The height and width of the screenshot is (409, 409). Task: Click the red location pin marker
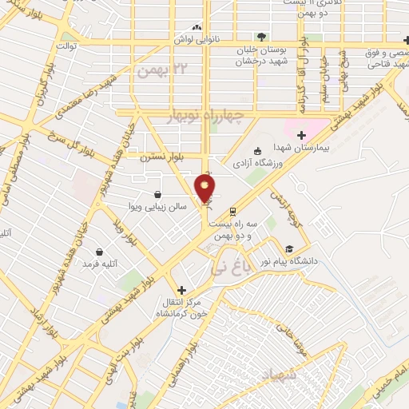click(205, 189)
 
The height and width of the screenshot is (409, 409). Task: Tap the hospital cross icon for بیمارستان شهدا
click(301, 135)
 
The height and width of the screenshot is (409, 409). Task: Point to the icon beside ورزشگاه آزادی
click(257, 151)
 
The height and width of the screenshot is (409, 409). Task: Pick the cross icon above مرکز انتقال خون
click(182, 289)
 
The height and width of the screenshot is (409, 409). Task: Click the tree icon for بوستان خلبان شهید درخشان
click(261, 36)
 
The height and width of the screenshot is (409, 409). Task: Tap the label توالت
click(66, 47)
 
